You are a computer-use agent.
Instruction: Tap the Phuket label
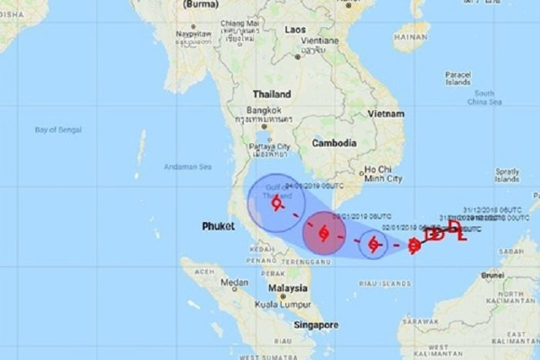[218, 226]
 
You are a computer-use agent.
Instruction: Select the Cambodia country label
[334, 143]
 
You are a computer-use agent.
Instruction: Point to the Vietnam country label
[385, 113]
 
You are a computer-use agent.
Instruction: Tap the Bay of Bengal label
[58, 130]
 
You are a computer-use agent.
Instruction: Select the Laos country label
[295, 29]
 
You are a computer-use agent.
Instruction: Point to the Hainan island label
[412, 35]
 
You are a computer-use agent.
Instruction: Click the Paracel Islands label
[457, 78]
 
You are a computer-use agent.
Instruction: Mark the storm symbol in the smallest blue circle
[373, 244]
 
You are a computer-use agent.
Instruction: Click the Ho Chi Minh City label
[383, 173]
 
